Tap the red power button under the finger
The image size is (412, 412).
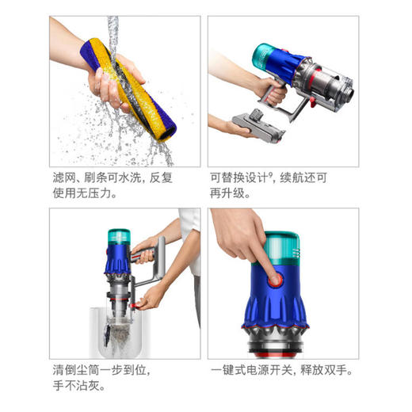click(275, 280)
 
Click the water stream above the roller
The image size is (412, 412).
click(114, 32)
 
